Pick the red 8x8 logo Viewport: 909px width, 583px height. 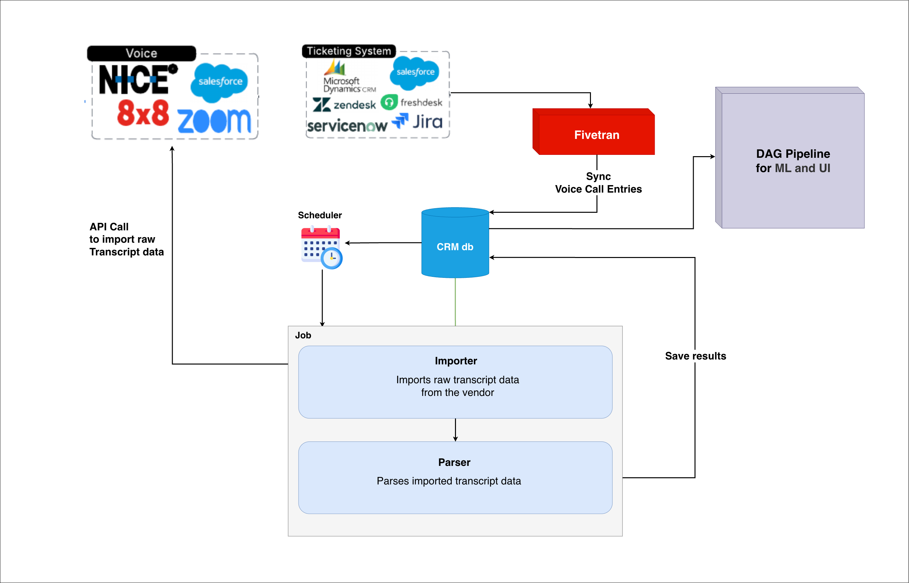(143, 113)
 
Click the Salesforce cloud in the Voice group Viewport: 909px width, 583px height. (220, 82)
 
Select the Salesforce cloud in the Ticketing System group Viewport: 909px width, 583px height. (415, 72)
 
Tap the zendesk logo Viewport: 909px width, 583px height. (344, 104)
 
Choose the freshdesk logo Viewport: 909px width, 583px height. (411, 102)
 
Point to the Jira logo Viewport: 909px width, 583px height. (417, 122)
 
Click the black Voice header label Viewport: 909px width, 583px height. (141, 53)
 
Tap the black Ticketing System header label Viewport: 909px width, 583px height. (349, 51)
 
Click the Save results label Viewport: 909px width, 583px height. (695, 356)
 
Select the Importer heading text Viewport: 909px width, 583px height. (456, 361)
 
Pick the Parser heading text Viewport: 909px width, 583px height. (454, 462)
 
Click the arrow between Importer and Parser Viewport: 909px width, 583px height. (455, 430)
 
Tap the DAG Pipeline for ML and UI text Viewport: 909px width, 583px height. (793, 161)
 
